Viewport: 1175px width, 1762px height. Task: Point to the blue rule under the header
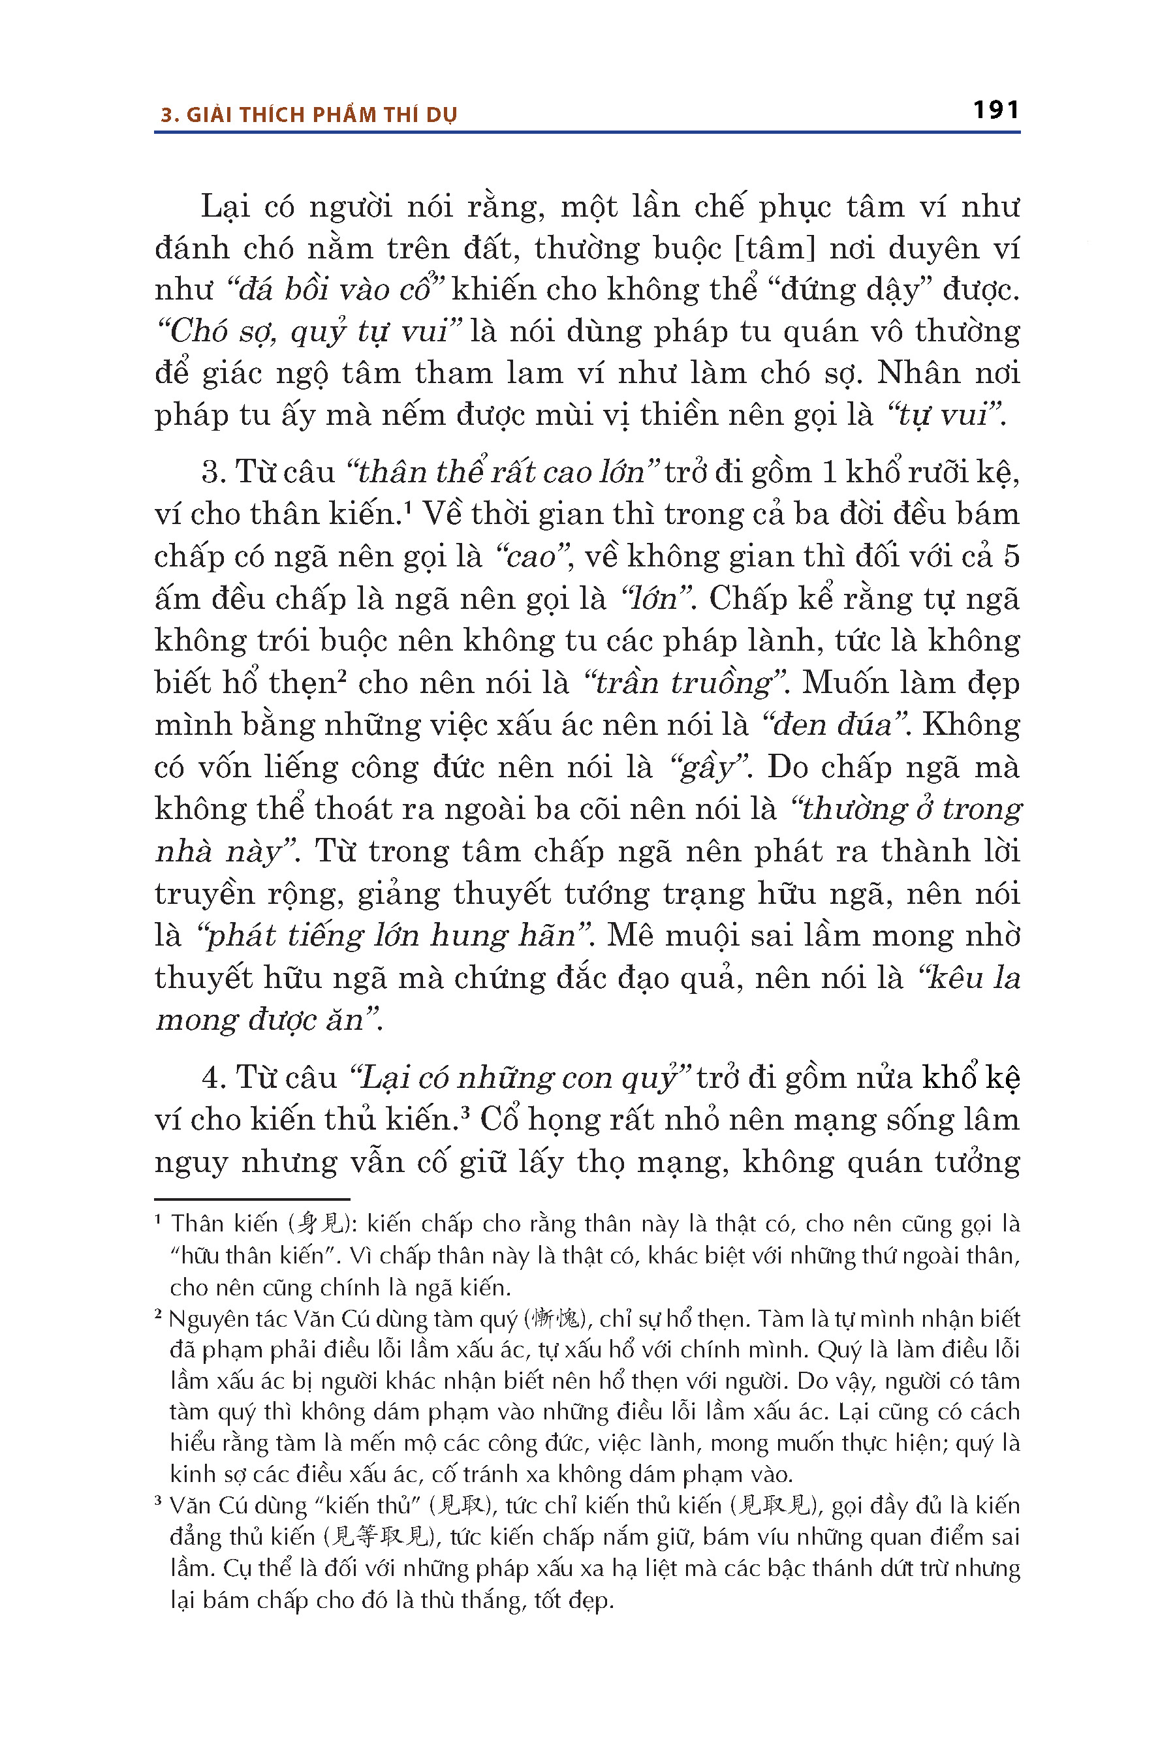[587, 132]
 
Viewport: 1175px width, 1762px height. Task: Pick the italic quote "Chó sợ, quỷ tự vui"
[309, 331]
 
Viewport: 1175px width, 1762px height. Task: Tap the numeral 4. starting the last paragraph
[213, 1078]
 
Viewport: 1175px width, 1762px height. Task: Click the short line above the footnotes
[252, 1199]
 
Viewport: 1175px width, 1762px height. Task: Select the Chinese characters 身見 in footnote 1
[319, 1224]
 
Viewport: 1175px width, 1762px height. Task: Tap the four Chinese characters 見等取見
[381, 1536]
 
